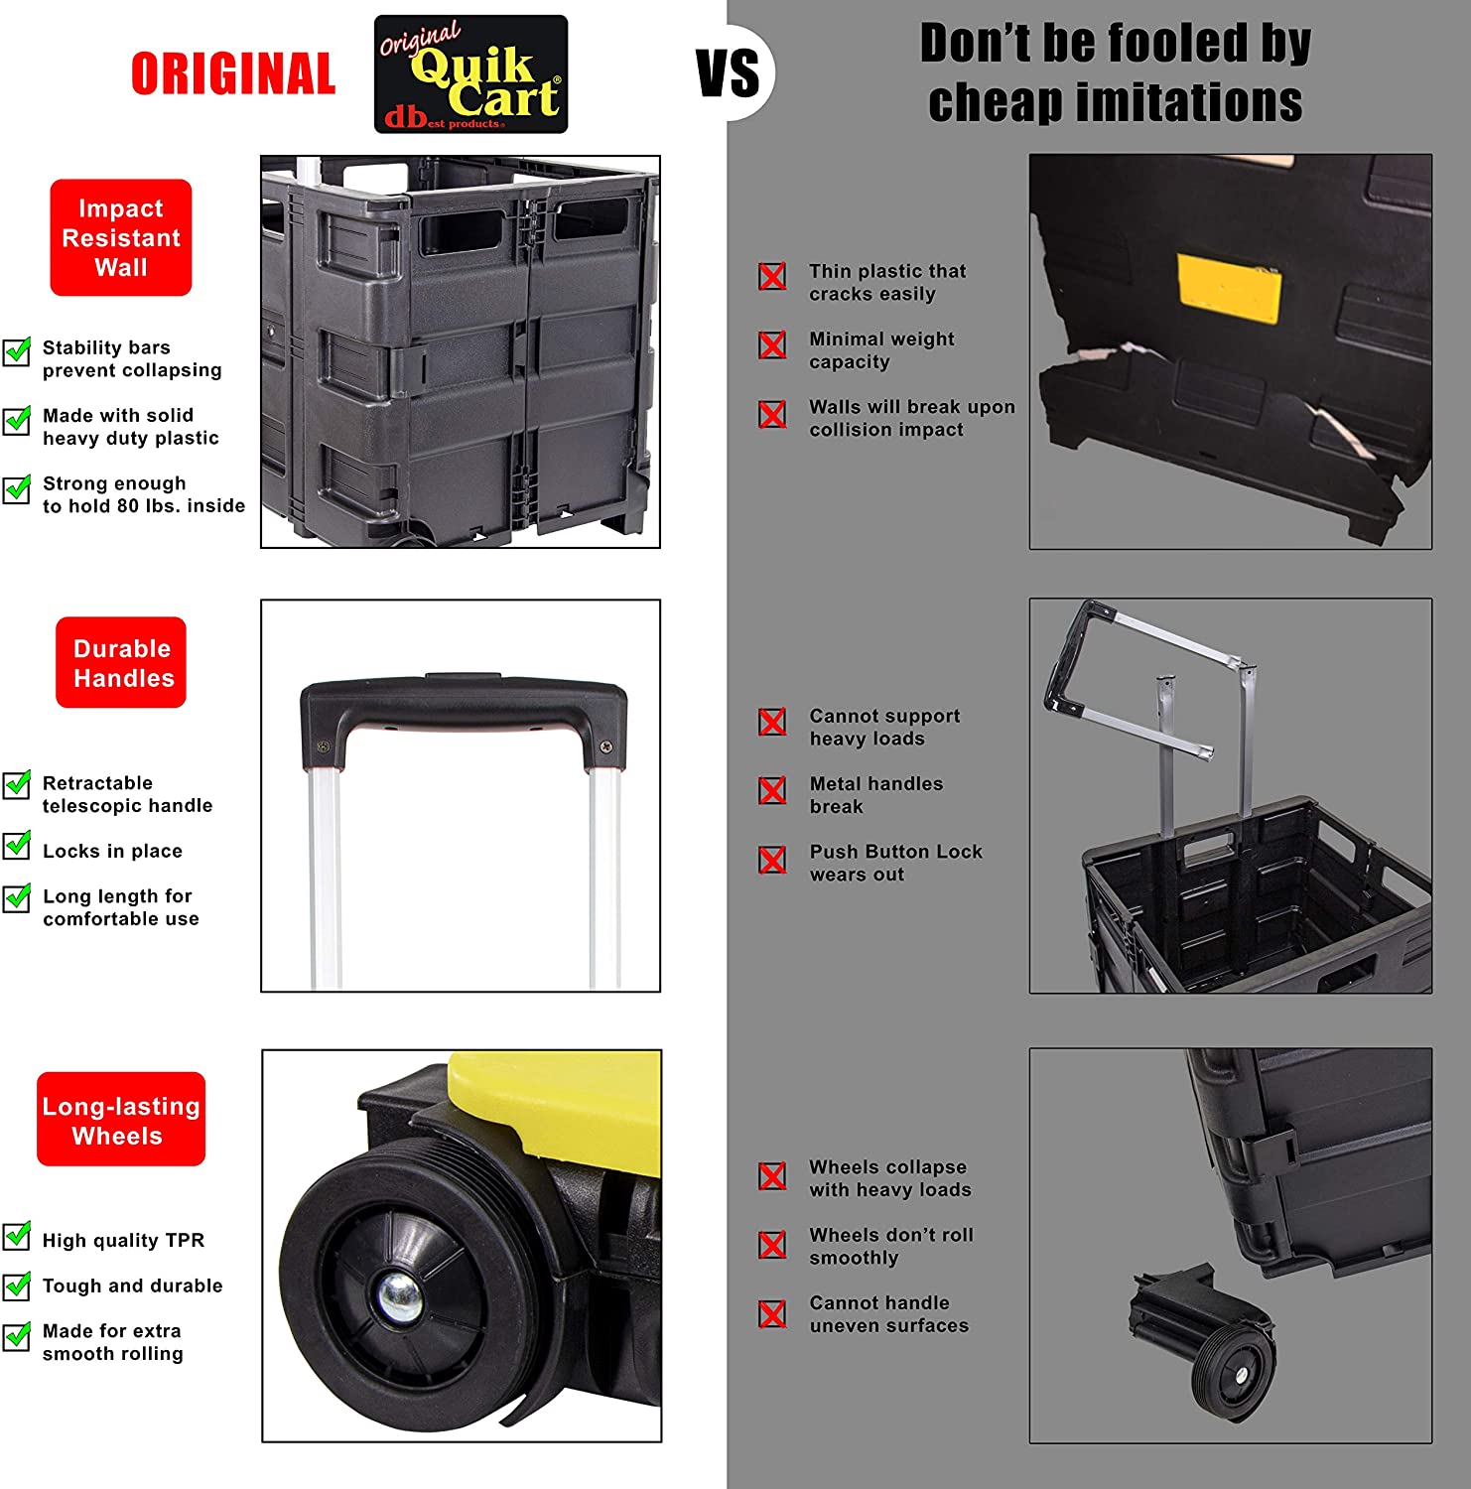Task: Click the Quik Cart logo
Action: point(470,74)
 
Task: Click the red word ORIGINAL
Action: point(233,74)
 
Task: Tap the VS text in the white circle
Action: point(728,74)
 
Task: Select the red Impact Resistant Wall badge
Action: point(121,237)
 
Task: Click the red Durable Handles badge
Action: point(121,662)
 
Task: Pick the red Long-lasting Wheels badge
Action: point(121,1120)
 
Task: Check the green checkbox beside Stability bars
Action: point(17,351)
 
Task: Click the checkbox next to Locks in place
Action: point(17,845)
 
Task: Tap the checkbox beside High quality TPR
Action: point(17,1236)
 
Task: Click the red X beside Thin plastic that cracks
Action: point(772,276)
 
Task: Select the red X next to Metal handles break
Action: point(772,790)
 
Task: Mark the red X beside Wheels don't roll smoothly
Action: point(772,1244)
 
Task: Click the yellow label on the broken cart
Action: point(1229,288)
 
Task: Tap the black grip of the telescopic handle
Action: point(463,704)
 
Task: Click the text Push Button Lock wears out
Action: point(895,863)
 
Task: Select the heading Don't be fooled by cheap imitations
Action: point(1115,72)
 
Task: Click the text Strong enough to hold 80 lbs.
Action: point(143,494)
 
